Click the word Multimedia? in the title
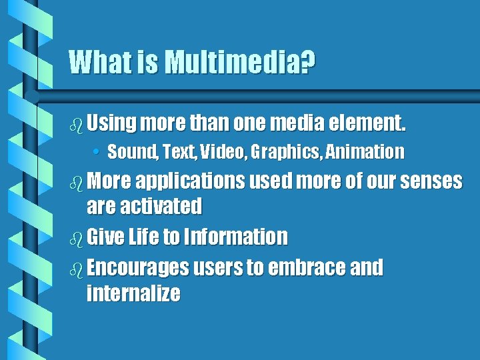coord(239,63)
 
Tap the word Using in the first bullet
coord(111,123)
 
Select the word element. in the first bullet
coord(369,123)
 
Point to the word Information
coord(235,237)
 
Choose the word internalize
coord(133,293)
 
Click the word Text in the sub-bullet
coord(176,153)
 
